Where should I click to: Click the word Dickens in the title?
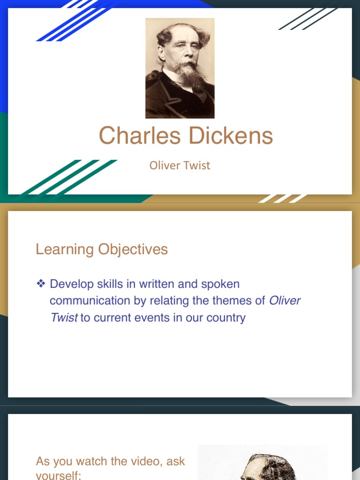pyautogui.click(x=230, y=136)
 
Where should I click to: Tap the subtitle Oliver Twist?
pyautogui.click(x=180, y=165)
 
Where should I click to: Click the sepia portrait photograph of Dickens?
pyautogui.click(x=180, y=68)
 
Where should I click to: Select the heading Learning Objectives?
pyautogui.click(x=102, y=249)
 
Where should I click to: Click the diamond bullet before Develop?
pyautogui.click(x=41, y=284)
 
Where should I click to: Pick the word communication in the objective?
pyautogui.click(x=91, y=300)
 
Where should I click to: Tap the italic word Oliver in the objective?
pyautogui.click(x=285, y=300)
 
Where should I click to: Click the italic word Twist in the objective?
pyautogui.click(x=64, y=317)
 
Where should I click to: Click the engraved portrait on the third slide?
pyautogui.click(x=262, y=464)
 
